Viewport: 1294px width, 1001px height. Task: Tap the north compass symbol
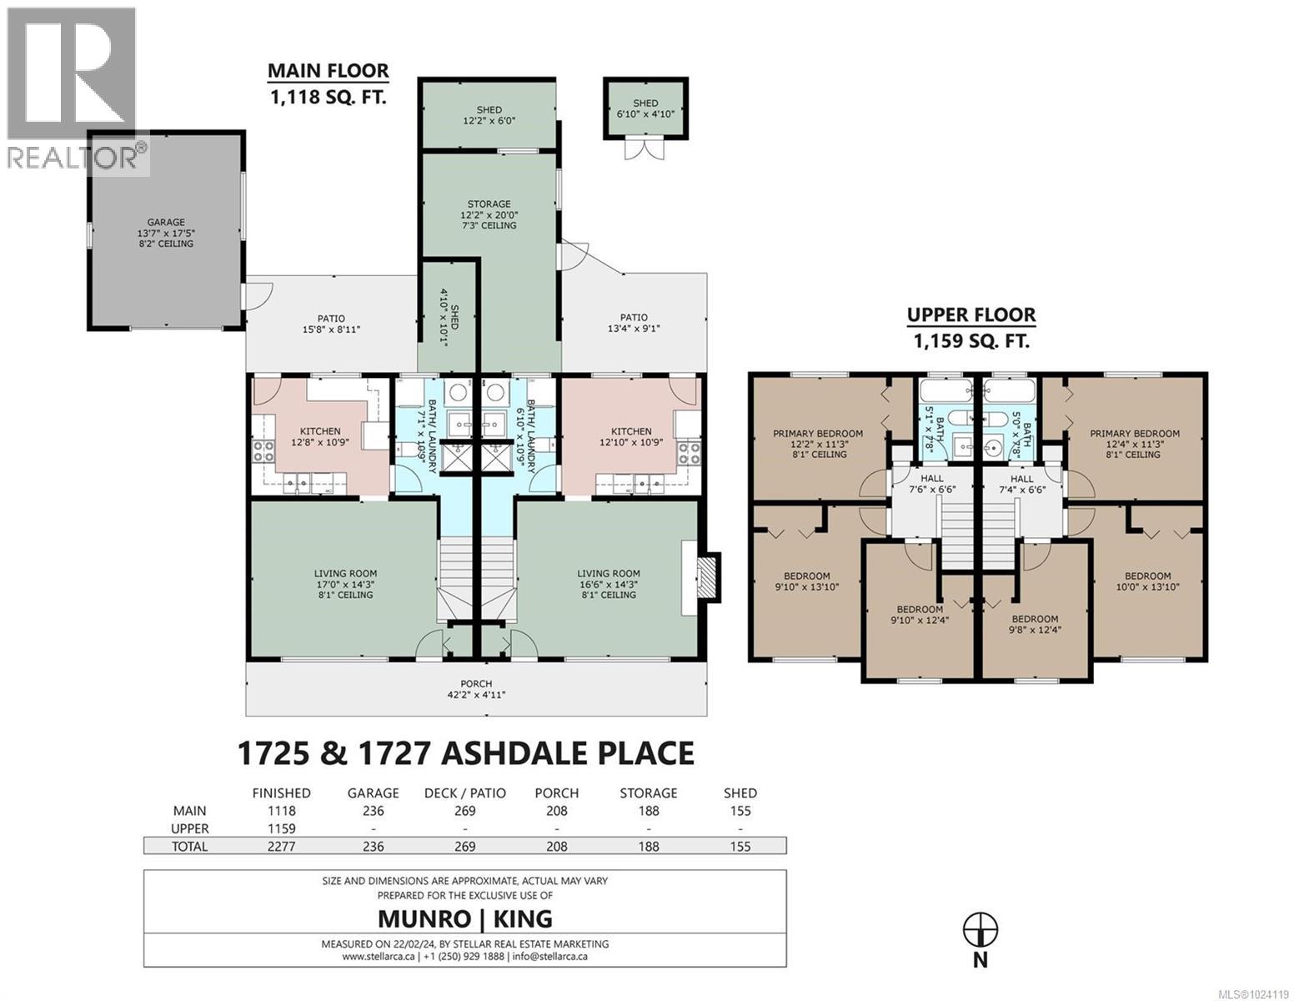click(981, 928)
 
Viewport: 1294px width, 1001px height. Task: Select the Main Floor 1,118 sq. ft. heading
click(328, 84)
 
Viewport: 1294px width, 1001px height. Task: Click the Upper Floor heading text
click(971, 315)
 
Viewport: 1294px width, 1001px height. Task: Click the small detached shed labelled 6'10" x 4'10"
click(645, 108)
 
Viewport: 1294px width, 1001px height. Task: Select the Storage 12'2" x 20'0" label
click(489, 214)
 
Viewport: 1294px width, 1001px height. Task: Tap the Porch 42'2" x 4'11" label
click(475, 689)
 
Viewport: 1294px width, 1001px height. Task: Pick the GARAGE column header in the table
click(373, 792)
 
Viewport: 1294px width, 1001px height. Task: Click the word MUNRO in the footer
click(421, 918)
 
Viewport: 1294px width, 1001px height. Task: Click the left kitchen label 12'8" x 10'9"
click(320, 437)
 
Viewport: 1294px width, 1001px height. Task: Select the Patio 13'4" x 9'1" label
click(634, 323)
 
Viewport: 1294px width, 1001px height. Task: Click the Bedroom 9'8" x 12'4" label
click(1035, 625)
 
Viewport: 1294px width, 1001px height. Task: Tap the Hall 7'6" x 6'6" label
click(926, 484)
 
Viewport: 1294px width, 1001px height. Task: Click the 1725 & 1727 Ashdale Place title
click(466, 752)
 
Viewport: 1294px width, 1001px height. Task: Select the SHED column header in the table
click(740, 792)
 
